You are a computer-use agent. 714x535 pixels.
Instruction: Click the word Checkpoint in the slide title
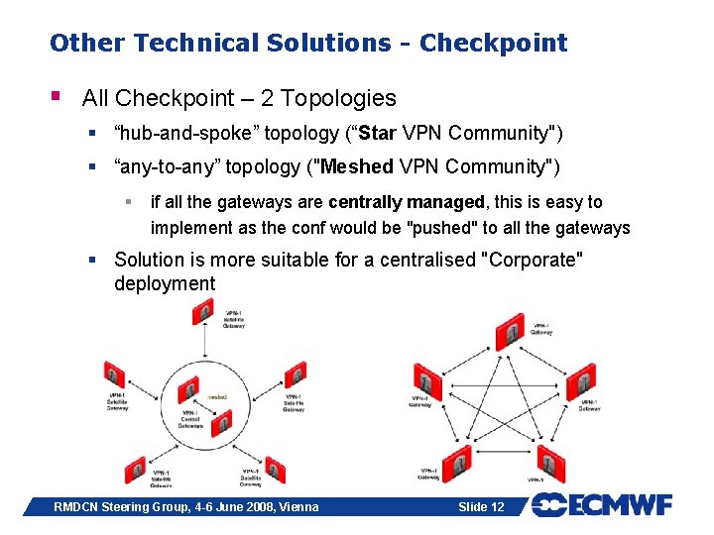click(x=493, y=44)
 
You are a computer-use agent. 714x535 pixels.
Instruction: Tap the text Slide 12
click(x=481, y=507)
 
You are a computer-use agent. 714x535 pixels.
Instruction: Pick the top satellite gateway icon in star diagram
click(x=203, y=313)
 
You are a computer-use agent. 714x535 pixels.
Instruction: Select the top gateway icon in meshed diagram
click(x=510, y=330)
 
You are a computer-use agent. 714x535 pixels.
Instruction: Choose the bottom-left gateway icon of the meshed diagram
click(x=457, y=461)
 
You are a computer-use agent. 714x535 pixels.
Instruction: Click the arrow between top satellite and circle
click(x=203, y=342)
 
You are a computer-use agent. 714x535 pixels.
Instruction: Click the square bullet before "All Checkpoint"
click(x=58, y=97)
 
